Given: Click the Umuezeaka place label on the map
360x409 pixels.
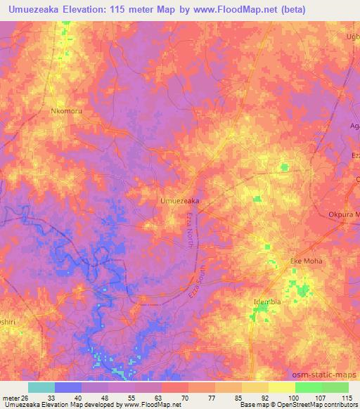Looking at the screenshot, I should tap(179, 201).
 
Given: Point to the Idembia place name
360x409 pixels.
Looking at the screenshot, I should tap(267, 302).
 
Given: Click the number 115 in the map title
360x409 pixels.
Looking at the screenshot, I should tap(132, 10).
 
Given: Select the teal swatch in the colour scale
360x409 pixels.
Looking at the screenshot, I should tap(41, 387).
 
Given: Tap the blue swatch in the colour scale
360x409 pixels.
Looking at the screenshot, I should tap(68, 387).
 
